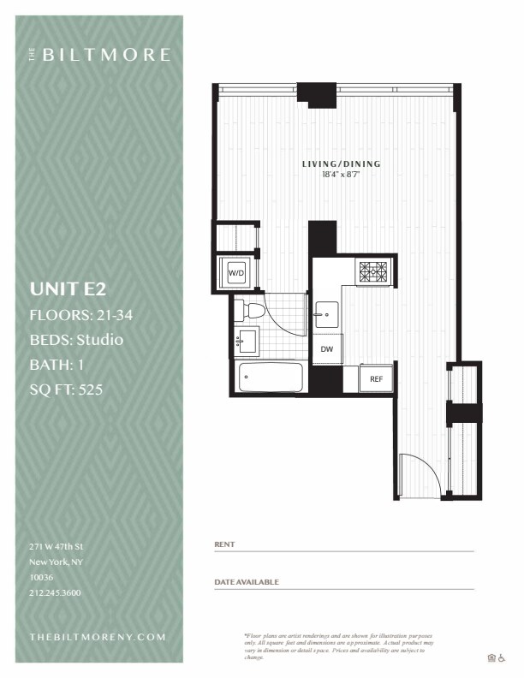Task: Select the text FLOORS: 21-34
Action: point(80,315)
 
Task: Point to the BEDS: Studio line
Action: point(76,340)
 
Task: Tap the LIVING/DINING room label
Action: point(341,164)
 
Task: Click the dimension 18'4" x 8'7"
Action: point(341,174)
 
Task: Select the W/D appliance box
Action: point(235,272)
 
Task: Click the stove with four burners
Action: point(374,271)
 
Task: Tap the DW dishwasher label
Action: point(326,349)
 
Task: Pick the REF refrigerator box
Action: point(376,378)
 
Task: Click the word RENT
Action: point(223,544)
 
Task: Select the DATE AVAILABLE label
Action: point(247,582)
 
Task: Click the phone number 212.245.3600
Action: point(55,592)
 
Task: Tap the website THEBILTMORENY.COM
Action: point(97,637)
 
